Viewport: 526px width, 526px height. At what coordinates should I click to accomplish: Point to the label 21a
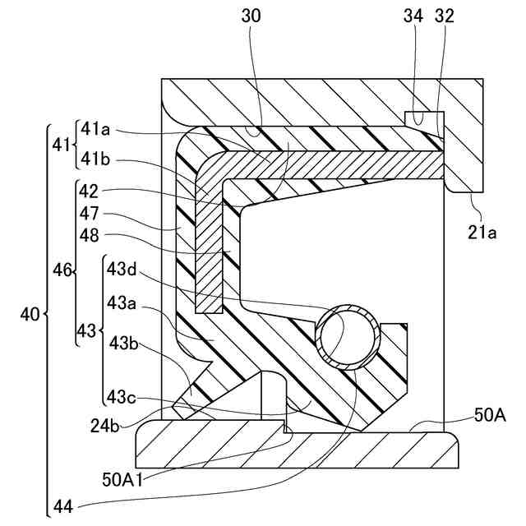coord(482,233)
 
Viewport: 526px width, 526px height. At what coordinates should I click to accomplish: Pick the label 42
coord(90,192)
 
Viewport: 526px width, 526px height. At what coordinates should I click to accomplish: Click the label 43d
coord(122,269)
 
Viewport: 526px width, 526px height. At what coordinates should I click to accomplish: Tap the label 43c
coord(122,397)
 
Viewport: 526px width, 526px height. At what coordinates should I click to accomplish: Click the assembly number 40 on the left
coord(30,313)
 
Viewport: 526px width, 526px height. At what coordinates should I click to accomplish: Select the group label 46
coord(62,269)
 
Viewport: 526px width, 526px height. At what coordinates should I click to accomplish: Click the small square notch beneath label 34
coord(419,118)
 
